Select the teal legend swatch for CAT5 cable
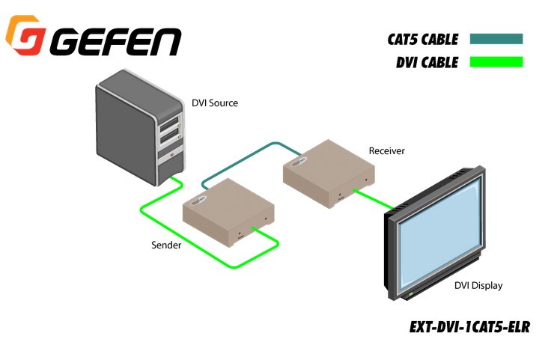496,39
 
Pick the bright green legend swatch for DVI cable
496,62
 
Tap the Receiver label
386,151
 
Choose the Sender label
165,245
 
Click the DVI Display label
478,285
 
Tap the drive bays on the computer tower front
170,131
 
